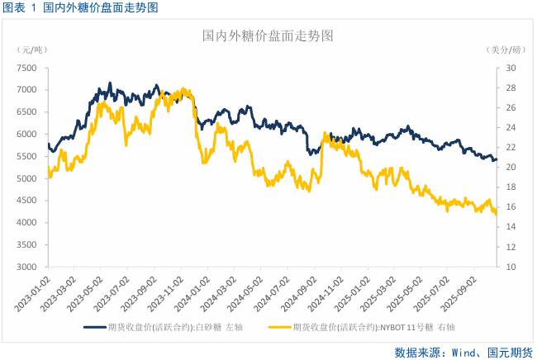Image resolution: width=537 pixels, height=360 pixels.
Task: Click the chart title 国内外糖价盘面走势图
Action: pos(268,37)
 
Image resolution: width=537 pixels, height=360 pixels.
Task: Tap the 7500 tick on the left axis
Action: pos(26,68)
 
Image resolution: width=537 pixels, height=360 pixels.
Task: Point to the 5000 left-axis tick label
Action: pos(26,178)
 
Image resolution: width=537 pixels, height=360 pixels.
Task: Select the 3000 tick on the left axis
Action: pos(26,268)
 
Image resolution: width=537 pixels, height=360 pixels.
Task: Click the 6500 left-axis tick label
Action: pos(26,112)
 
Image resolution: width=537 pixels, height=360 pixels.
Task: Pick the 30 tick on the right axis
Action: pos(511,68)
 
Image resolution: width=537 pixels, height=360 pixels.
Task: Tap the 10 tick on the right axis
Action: pos(511,268)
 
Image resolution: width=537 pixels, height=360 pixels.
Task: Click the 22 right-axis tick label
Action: pos(511,148)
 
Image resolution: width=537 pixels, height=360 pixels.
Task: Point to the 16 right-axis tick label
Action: pos(511,207)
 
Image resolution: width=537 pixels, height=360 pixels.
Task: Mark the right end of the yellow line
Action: pos(496,214)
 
